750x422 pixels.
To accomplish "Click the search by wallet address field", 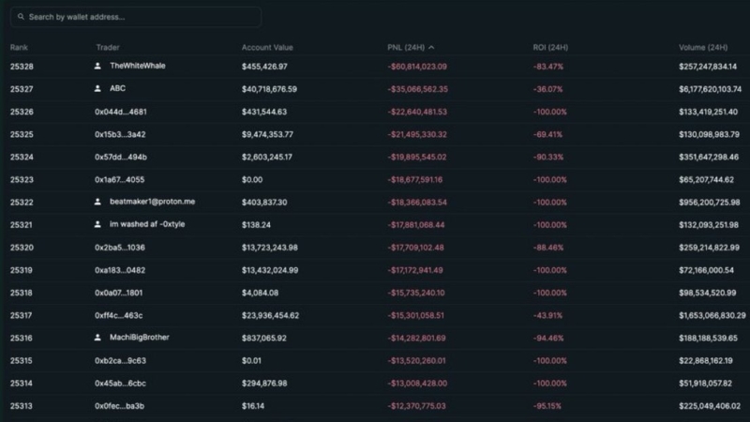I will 141,17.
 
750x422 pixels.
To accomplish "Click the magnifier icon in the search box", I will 21,17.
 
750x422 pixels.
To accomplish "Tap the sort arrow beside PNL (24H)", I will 431,47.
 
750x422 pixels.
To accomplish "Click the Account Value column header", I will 267,47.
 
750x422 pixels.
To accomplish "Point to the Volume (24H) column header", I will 702,47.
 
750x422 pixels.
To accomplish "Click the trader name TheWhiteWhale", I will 137,67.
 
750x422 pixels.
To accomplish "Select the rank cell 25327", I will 22,89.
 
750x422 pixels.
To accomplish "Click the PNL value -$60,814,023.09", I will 417,67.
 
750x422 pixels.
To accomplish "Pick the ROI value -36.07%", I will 548,89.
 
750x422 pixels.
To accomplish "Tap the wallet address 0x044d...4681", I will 120,112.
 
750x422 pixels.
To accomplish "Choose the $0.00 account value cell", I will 252,179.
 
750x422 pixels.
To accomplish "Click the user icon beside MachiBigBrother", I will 97,338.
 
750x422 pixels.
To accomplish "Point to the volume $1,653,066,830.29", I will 712,315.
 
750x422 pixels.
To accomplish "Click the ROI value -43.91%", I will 548,315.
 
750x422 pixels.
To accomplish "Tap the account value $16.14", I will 253,406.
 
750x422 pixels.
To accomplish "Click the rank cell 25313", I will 22,406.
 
